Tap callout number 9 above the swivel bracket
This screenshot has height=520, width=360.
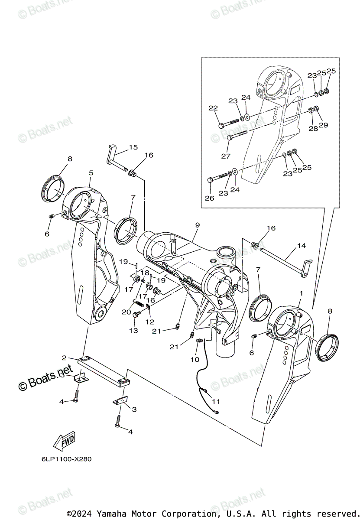[197, 225]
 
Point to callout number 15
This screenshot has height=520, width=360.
[133, 147]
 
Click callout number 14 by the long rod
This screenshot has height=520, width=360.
[302, 246]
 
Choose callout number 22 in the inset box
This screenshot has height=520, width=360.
[213, 108]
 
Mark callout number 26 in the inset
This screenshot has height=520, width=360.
[210, 198]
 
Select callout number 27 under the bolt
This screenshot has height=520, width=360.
[226, 156]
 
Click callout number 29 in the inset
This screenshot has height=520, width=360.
[323, 125]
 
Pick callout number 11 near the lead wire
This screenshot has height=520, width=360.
[215, 401]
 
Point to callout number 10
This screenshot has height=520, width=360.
[195, 359]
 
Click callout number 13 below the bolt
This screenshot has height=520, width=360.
[133, 331]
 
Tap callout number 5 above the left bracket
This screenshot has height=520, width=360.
[91, 172]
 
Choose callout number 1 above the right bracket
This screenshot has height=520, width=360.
[301, 293]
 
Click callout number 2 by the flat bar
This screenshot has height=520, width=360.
[64, 358]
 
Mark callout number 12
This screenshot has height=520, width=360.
[149, 322]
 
